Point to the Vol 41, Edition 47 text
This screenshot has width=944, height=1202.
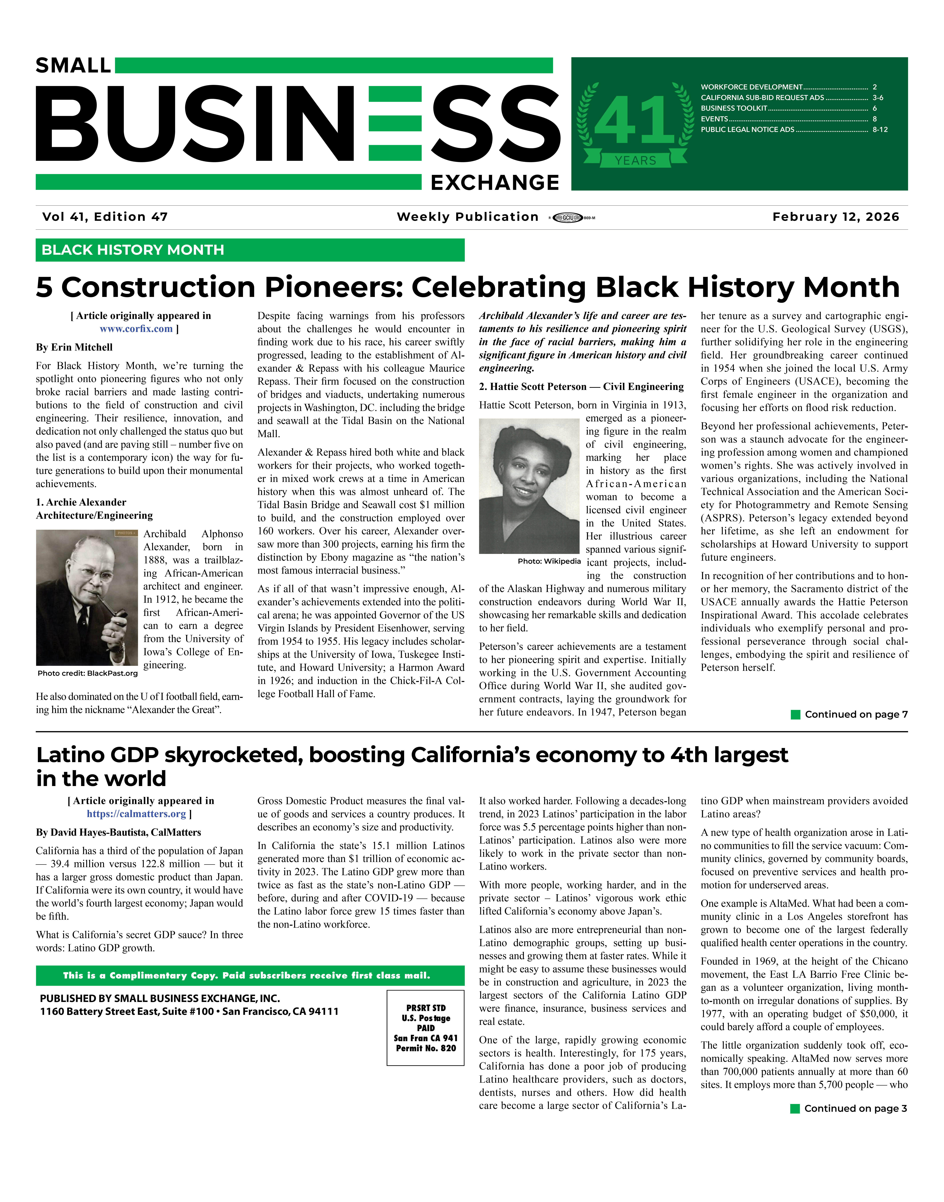click(105, 217)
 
